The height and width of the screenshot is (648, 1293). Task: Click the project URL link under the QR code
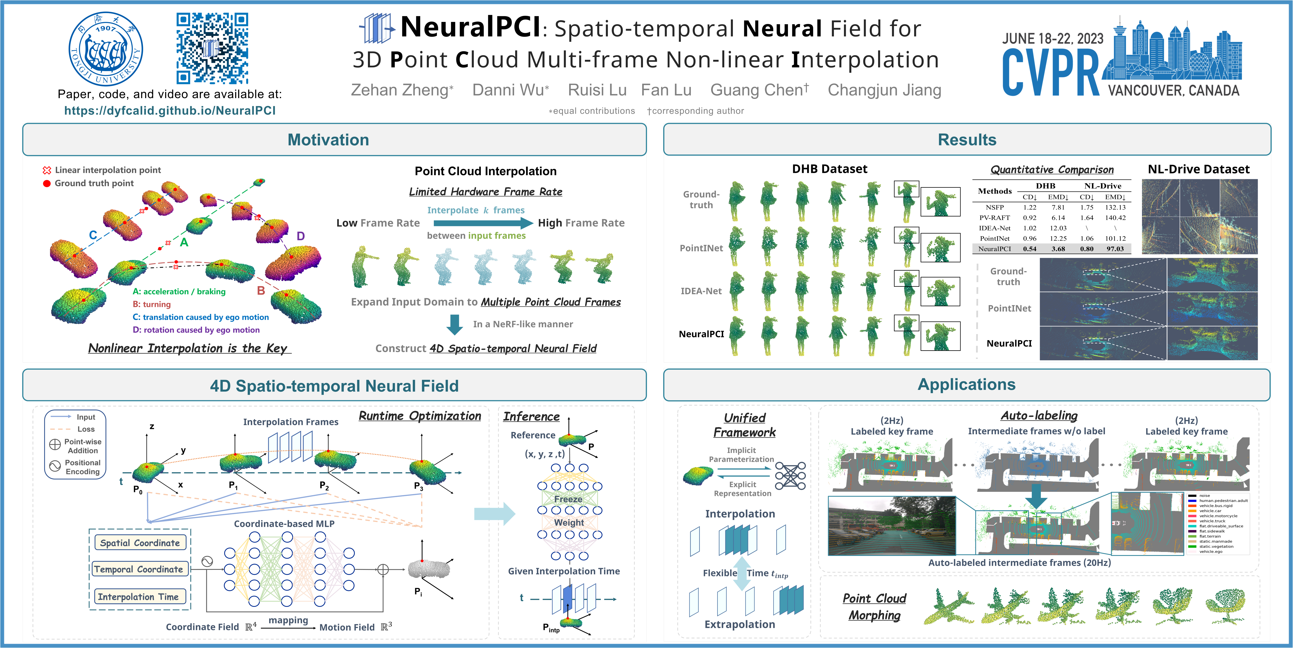coord(170,110)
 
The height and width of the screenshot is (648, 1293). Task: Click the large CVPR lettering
coord(1050,74)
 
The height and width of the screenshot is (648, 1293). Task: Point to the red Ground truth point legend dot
coord(47,183)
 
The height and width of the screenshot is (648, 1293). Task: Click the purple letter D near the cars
coord(301,236)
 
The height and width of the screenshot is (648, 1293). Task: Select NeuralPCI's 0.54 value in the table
coord(1030,249)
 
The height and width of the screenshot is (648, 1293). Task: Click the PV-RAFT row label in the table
coord(994,218)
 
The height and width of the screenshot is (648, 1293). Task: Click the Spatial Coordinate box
coord(140,543)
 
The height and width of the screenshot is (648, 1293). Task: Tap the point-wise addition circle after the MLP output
coord(383,569)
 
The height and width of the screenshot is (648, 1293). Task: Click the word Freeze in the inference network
coord(568,499)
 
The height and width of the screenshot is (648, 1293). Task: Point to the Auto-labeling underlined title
coord(1039,416)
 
